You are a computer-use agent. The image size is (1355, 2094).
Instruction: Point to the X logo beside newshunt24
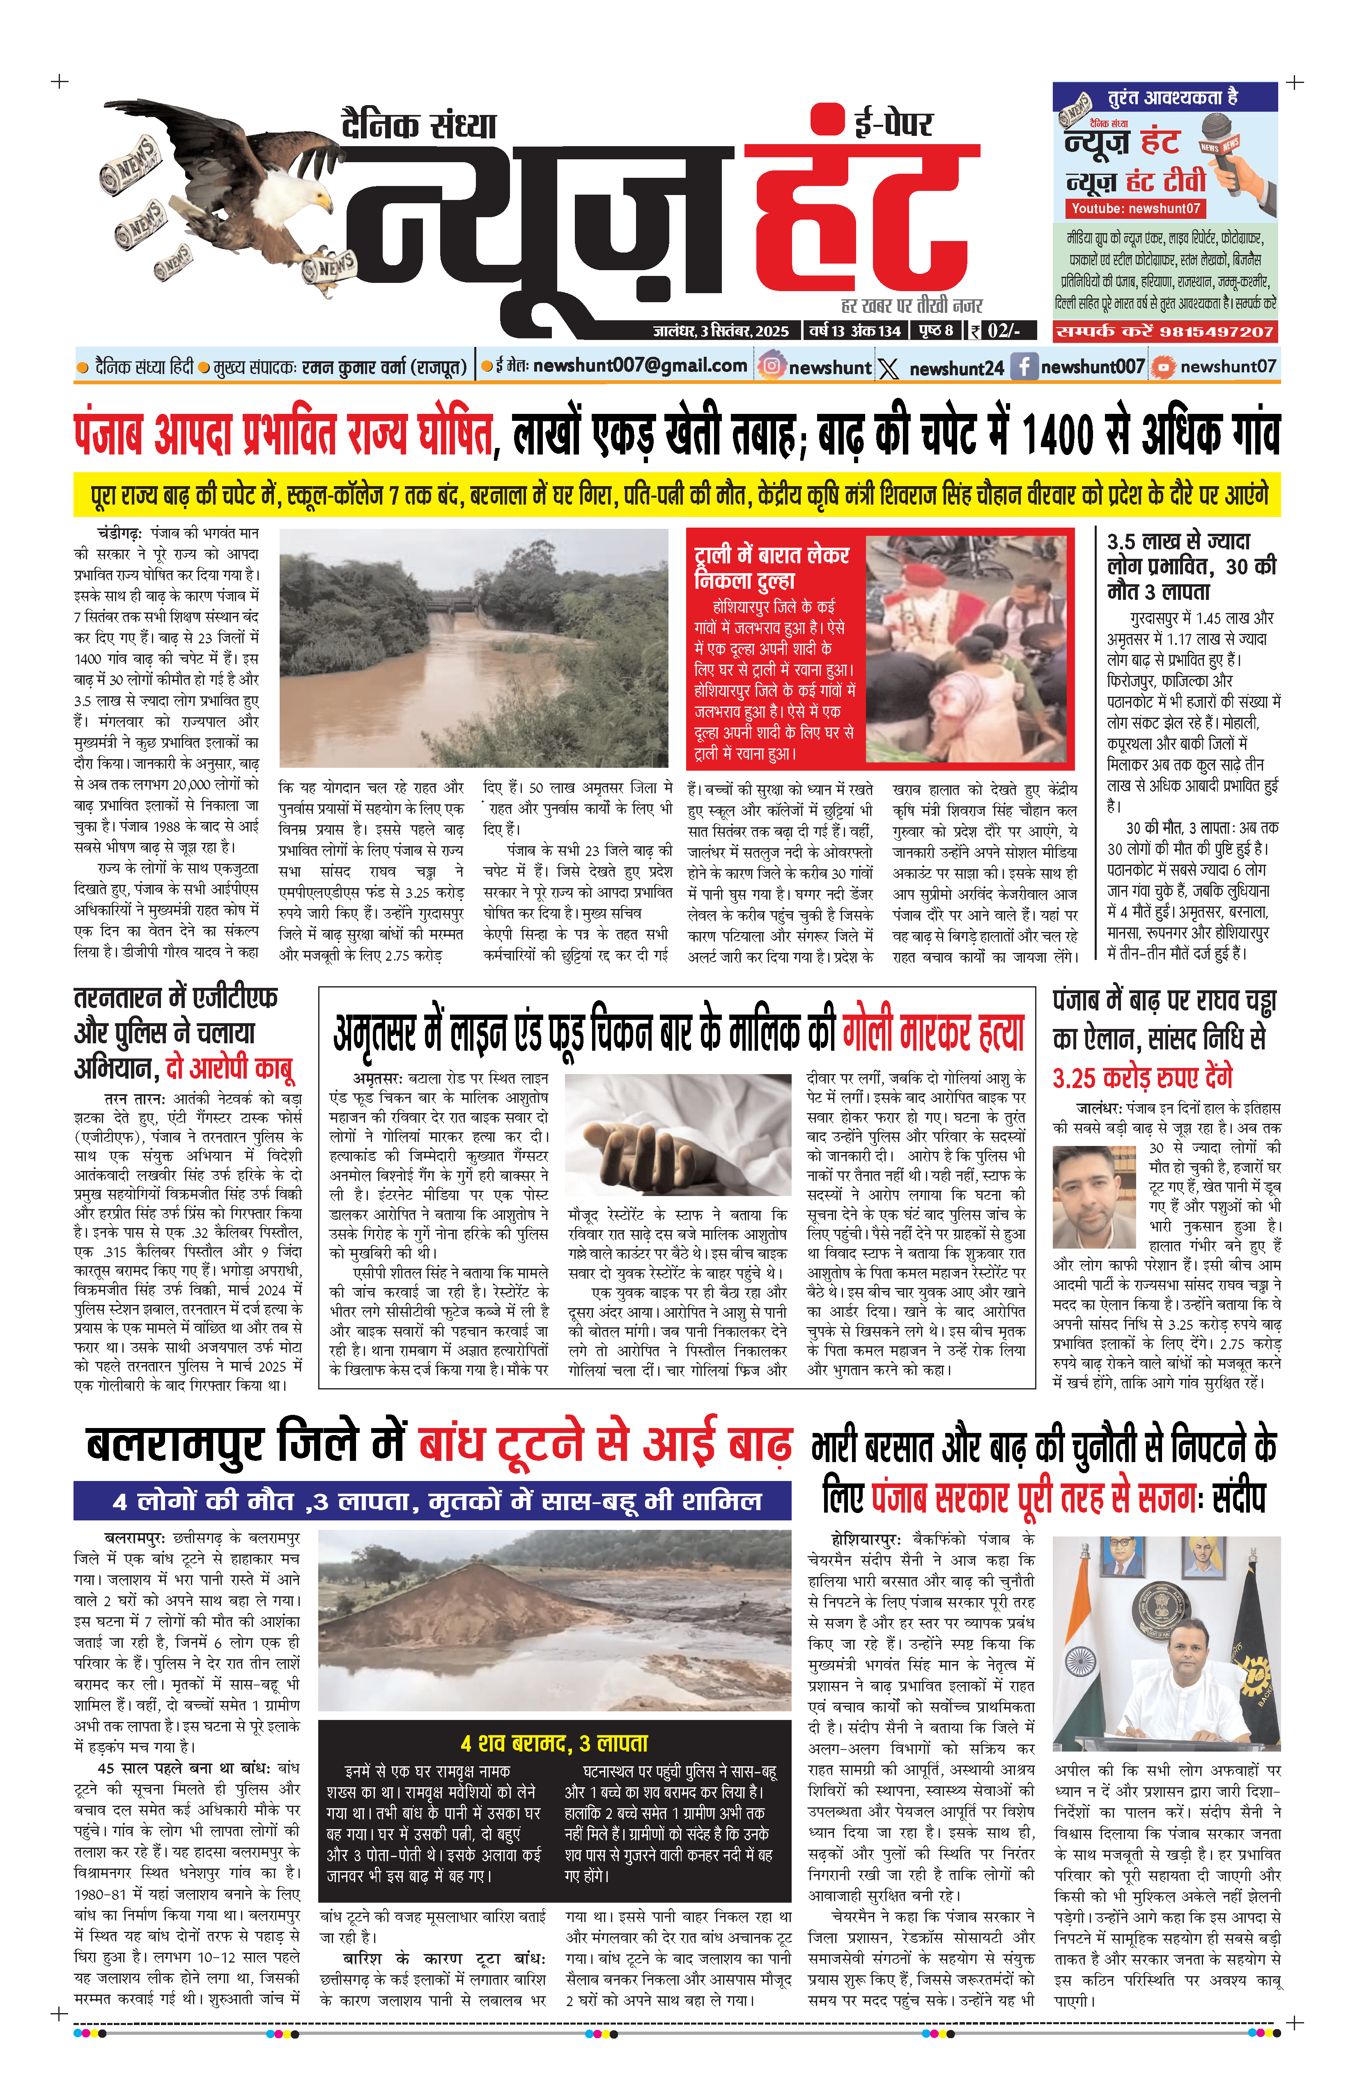pyautogui.click(x=889, y=368)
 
